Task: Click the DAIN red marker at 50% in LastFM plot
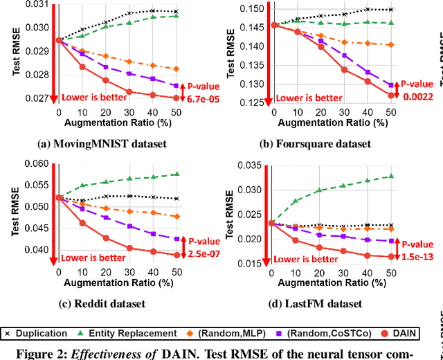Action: point(391,256)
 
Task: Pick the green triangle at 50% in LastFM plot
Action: point(391,176)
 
